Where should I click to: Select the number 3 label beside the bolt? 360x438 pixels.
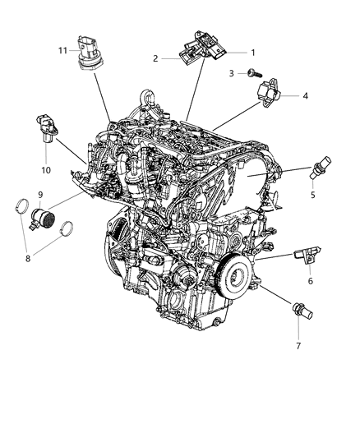[x=233, y=74]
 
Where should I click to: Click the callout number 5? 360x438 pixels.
[x=313, y=196]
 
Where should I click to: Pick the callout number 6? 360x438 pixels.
[x=310, y=281]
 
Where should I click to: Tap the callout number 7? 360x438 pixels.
[x=298, y=346]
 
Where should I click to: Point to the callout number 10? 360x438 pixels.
[x=45, y=170]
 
